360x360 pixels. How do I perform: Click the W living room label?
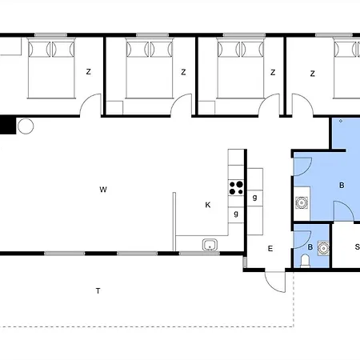103,190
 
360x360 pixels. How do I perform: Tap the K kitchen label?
208,205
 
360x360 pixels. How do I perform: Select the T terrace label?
98,290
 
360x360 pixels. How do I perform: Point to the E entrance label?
270,249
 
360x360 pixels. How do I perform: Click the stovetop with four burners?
236,188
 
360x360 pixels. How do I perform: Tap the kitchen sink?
210,245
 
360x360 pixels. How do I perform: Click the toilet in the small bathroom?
305,261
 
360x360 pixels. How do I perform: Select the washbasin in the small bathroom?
323,248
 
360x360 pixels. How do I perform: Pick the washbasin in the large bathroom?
302,203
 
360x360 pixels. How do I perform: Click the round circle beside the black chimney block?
26,126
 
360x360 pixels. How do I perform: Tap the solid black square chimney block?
8,125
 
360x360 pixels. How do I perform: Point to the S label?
357,247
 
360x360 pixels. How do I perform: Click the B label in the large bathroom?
342,185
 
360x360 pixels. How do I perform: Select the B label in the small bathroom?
310,247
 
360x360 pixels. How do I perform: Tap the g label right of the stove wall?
254,198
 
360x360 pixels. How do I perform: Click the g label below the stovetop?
236,214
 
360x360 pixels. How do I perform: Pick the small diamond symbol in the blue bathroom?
341,121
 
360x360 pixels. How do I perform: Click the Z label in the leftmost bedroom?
89,71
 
